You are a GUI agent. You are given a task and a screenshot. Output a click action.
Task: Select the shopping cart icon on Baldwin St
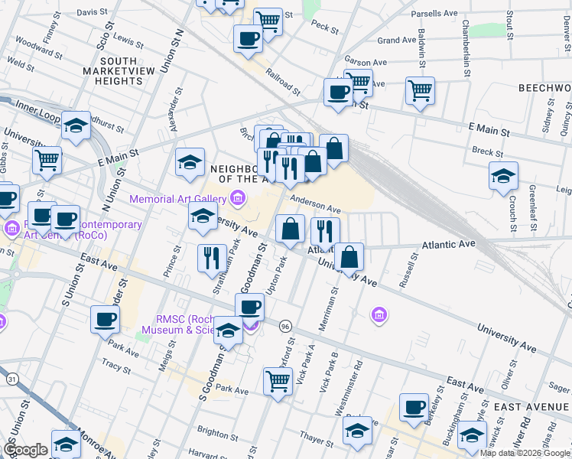(420, 91)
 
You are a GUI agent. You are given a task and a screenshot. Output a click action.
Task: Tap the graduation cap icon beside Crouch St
(504, 176)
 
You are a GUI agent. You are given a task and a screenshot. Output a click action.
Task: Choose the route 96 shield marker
(284, 326)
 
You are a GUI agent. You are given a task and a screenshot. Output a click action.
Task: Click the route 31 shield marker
(11, 379)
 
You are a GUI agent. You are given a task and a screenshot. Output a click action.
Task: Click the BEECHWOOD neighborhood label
(544, 88)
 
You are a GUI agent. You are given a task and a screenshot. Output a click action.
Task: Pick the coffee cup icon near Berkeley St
(414, 407)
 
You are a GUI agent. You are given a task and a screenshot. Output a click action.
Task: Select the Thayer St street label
(314, 438)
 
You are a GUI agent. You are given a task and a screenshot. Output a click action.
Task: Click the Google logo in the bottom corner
(25, 450)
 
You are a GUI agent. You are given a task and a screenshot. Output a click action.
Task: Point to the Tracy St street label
(116, 367)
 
